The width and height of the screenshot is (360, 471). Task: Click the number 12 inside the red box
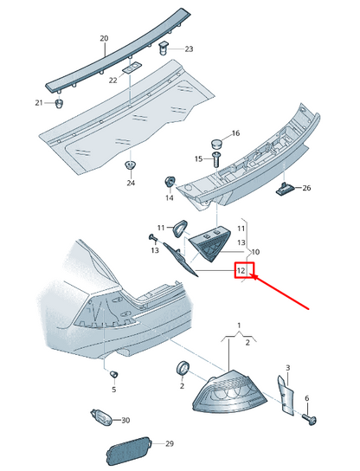tap(241, 270)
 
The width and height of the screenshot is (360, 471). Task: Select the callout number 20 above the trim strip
tap(104, 38)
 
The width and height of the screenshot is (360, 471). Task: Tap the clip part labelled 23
tap(163, 48)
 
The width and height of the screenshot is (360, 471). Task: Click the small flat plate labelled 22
tap(132, 68)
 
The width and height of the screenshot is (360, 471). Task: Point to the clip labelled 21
tap(60, 104)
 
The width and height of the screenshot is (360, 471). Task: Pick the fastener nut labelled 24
tap(131, 165)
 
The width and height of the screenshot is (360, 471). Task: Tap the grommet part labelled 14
tap(170, 182)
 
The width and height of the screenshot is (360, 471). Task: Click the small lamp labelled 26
tap(284, 190)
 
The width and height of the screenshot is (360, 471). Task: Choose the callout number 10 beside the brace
tap(255, 252)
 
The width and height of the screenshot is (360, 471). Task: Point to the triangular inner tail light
tap(210, 244)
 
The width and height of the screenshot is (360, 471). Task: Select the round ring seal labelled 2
tap(183, 369)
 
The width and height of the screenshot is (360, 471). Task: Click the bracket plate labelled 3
tap(285, 395)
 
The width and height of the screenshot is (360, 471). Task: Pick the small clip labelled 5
tap(113, 375)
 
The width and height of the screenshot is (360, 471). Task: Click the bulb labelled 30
tap(101, 417)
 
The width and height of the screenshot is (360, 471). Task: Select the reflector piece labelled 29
tap(129, 450)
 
